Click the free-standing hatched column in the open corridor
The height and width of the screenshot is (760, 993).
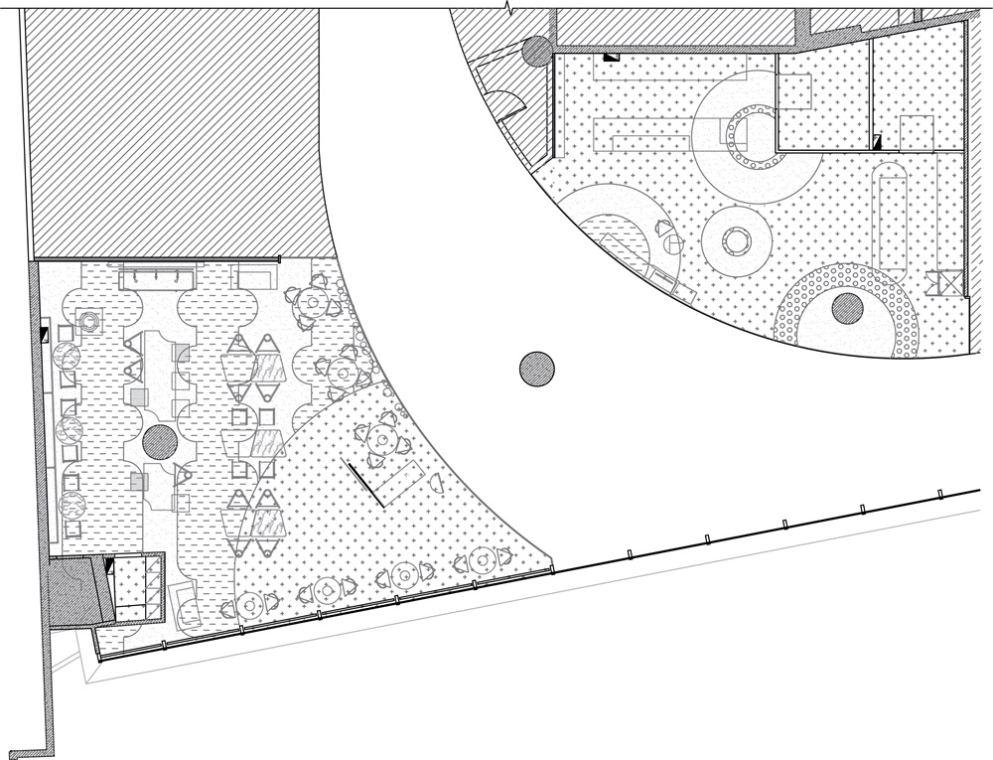pyautogui.click(x=536, y=370)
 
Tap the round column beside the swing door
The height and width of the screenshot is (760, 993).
pyautogui.click(x=537, y=51)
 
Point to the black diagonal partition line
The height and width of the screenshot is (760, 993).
pyautogui.click(x=364, y=483)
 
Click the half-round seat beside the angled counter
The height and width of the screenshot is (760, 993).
pyautogui.click(x=437, y=485)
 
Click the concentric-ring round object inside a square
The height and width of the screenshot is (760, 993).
pyautogui.click(x=89, y=321)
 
